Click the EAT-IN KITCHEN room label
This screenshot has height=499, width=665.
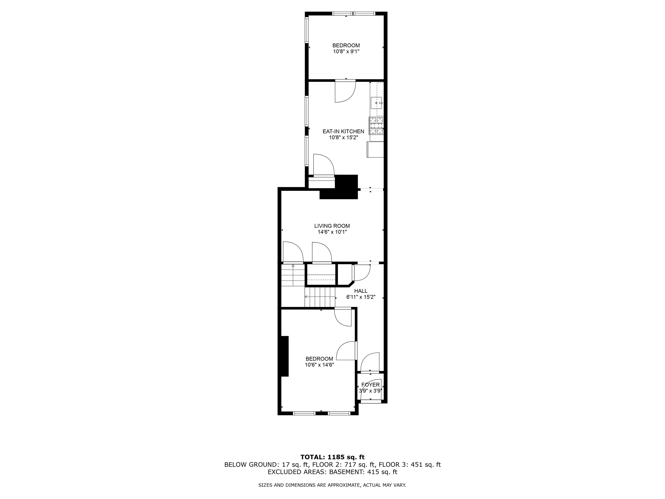(343, 131)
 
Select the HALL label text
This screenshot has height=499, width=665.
(361, 291)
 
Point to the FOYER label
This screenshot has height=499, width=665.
(370, 385)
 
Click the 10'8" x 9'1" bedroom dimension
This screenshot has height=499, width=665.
(346, 51)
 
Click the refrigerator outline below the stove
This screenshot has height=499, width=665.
(375, 149)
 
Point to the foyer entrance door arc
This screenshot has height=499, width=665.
(371, 391)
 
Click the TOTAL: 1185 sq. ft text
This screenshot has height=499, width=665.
(332, 457)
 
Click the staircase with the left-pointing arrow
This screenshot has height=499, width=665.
(320, 297)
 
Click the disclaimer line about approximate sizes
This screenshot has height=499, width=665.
(332, 485)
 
